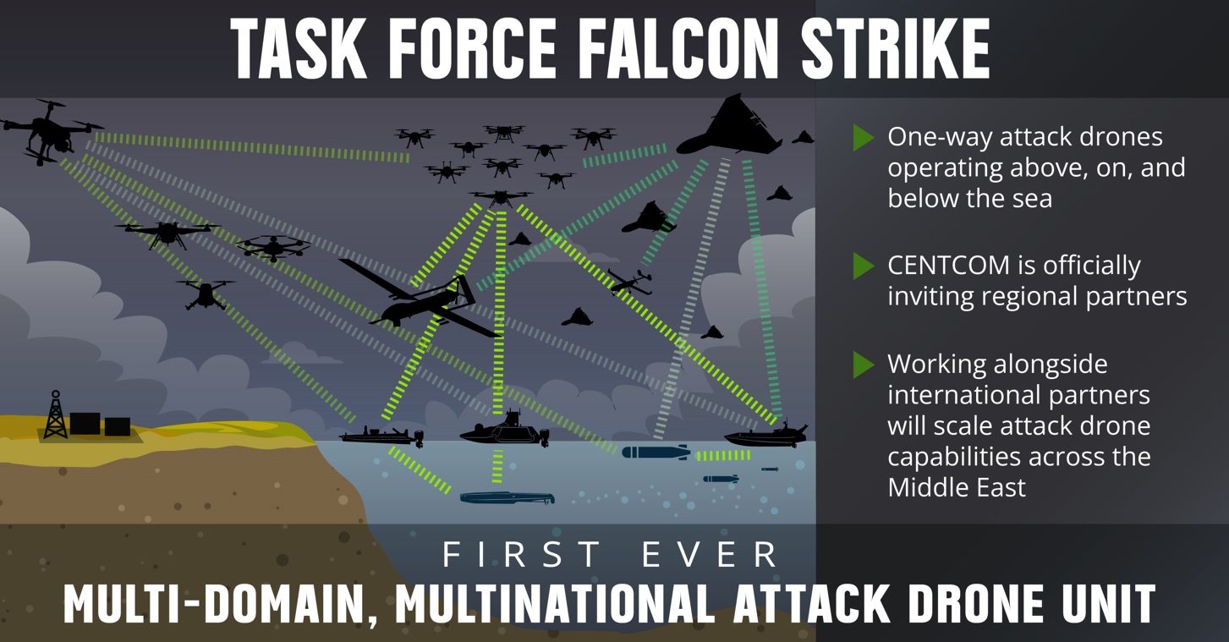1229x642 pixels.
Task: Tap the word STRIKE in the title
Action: pyautogui.click(x=896, y=48)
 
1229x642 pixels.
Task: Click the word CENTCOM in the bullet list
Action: pyautogui.click(x=949, y=266)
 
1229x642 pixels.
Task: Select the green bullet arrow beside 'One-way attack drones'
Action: pyautogui.click(x=864, y=138)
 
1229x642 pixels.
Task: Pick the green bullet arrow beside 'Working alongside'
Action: pyautogui.click(x=864, y=365)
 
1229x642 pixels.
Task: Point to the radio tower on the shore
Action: pyautogui.click(x=56, y=414)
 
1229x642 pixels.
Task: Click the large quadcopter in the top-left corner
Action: pyautogui.click(x=51, y=132)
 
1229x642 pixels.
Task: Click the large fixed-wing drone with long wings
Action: pyautogui.click(x=420, y=299)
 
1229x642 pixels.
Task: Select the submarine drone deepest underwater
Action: pyautogui.click(x=508, y=497)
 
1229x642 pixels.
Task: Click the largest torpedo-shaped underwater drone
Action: pyautogui.click(x=656, y=453)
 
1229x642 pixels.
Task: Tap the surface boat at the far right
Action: pyautogui.click(x=766, y=435)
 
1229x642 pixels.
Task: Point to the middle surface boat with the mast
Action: pyautogui.click(x=505, y=429)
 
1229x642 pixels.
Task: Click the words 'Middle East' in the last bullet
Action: pyautogui.click(x=957, y=487)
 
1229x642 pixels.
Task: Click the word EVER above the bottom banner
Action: pyautogui.click(x=710, y=554)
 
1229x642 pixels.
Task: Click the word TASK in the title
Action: pyautogui.click(x=299, y=48)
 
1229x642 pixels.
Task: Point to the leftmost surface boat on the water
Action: pyautogui.click(x=381, y=436)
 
